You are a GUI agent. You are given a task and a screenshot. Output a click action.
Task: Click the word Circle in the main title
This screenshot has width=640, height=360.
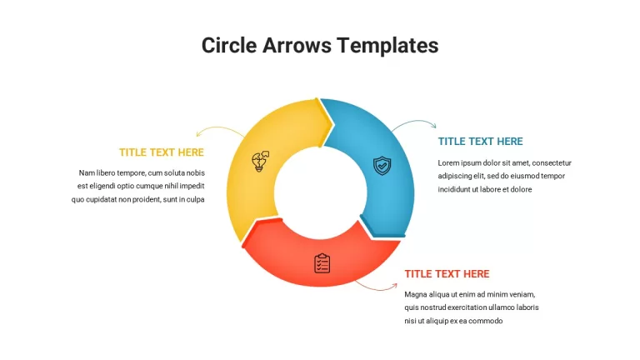point(229,45)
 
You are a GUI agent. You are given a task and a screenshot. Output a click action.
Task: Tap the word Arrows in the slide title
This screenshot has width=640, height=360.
point(297,45)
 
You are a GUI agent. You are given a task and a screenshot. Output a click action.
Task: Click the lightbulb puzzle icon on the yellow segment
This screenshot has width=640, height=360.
point(260,161)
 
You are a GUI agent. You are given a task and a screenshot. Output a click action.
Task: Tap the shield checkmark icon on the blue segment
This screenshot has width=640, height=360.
point(382,165)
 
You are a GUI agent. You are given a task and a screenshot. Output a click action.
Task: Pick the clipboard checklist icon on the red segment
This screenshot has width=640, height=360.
point(322,263)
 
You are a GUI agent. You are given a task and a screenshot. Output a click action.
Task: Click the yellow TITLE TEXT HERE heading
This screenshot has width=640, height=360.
point(161,152)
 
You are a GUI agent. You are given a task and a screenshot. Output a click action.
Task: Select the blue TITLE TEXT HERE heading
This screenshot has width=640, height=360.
point(480,141)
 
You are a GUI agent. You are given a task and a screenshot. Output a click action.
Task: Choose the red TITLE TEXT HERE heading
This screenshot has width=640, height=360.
point(447,274)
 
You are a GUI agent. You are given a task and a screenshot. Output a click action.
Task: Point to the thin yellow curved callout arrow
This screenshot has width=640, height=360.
point(219,127)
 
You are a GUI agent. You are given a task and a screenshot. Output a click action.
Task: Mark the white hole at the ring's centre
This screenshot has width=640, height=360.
point(320,192)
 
